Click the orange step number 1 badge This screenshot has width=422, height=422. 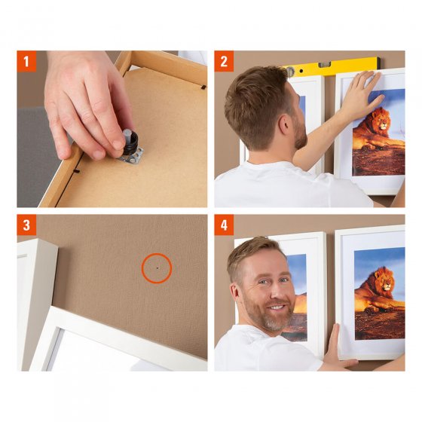tap(26, 60)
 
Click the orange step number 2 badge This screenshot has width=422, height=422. tap(224, 60)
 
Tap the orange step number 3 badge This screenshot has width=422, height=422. tap(26, 225)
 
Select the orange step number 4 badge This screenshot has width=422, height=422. tap(224, 225)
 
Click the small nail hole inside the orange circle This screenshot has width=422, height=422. tap(157, 268)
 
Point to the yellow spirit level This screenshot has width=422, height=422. tap(332, 67)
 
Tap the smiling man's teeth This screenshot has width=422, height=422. tap(277, 308)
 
